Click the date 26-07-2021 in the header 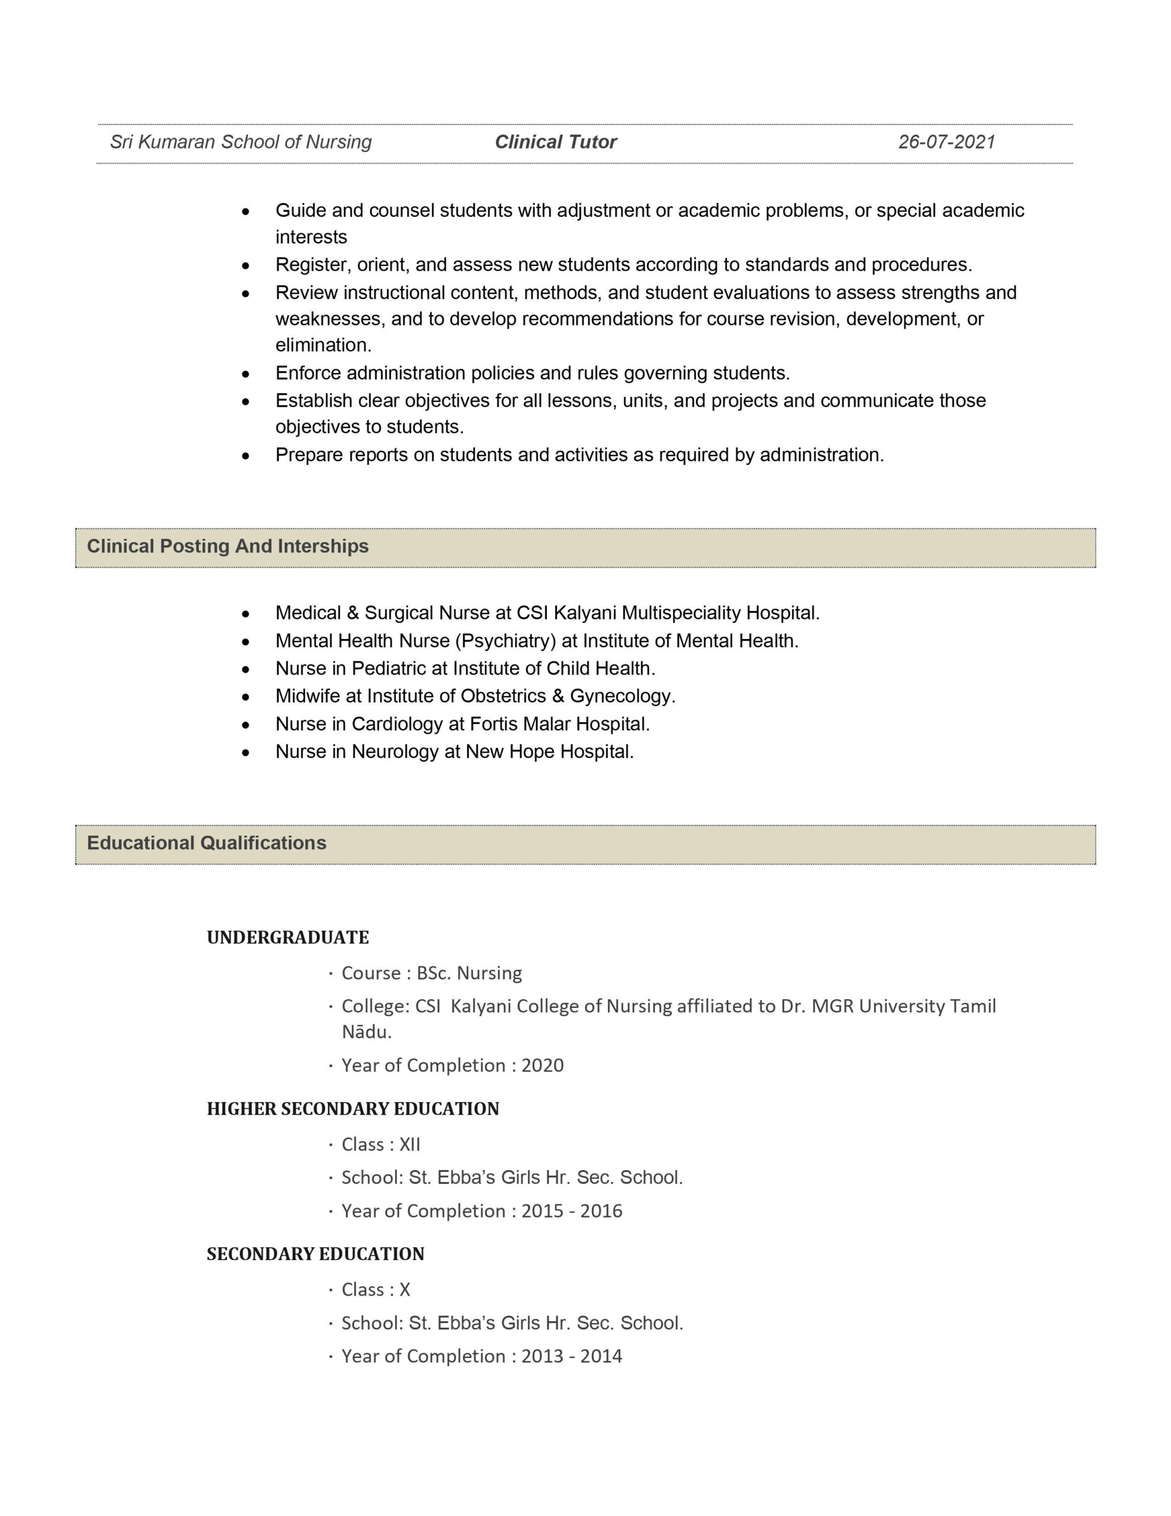[x=946, y=142]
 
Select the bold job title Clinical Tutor [x=555, y=142]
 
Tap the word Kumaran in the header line [x=177, y=142]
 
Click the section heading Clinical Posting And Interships [x=228, y=546]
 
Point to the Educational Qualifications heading [x=206, y=843]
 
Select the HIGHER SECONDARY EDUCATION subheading [x=353, y=1109]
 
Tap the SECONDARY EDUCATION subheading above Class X [x=315, y=1254]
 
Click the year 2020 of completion [x=542, y=1065]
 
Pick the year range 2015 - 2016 [x=571, y=1210]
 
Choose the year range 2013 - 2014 [x=571, y=1356]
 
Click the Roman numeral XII [x=410, y=1144]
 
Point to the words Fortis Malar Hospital [x=559, y=724]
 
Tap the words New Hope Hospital [x=548, y=751]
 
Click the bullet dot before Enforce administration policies [x=245, y=374]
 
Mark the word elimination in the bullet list [x=322, y=345]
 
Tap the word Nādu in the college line [x=365, y=1032]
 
